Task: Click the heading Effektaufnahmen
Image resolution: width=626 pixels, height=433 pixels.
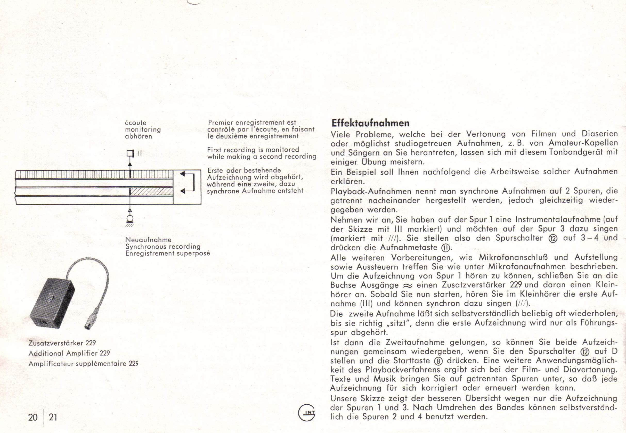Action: tap(370, 123)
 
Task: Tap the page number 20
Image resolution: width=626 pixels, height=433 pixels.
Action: tap(33, 417)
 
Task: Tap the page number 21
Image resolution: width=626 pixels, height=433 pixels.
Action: tap(53, 417)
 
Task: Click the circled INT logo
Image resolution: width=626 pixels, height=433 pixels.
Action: tap(307, 413)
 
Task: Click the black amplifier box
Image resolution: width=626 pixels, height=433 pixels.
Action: tap(52, 303)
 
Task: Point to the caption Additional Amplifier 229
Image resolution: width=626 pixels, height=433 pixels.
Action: tap(69, 353)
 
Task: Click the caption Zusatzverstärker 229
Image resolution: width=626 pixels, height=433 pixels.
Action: tap(62, 343)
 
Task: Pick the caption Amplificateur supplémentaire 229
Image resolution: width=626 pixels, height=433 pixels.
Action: tap(83, 364)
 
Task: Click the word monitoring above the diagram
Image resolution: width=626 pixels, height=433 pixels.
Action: tap(143, 130)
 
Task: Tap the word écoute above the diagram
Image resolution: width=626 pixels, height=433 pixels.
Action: tap(136, 123)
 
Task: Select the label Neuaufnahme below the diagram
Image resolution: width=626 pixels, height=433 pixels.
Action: tap(148, 240)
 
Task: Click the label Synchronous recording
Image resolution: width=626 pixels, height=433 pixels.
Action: tap(163, 247)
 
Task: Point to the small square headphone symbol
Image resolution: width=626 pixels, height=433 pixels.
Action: tap(130, 153)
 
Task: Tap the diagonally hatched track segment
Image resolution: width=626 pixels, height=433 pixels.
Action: tap(151, 191)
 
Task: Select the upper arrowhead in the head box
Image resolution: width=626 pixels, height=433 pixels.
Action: tap(183, 174)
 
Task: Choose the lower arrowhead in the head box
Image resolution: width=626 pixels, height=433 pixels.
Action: tap(183, 191)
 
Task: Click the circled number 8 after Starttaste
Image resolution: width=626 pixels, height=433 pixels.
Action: tap(438, 361)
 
